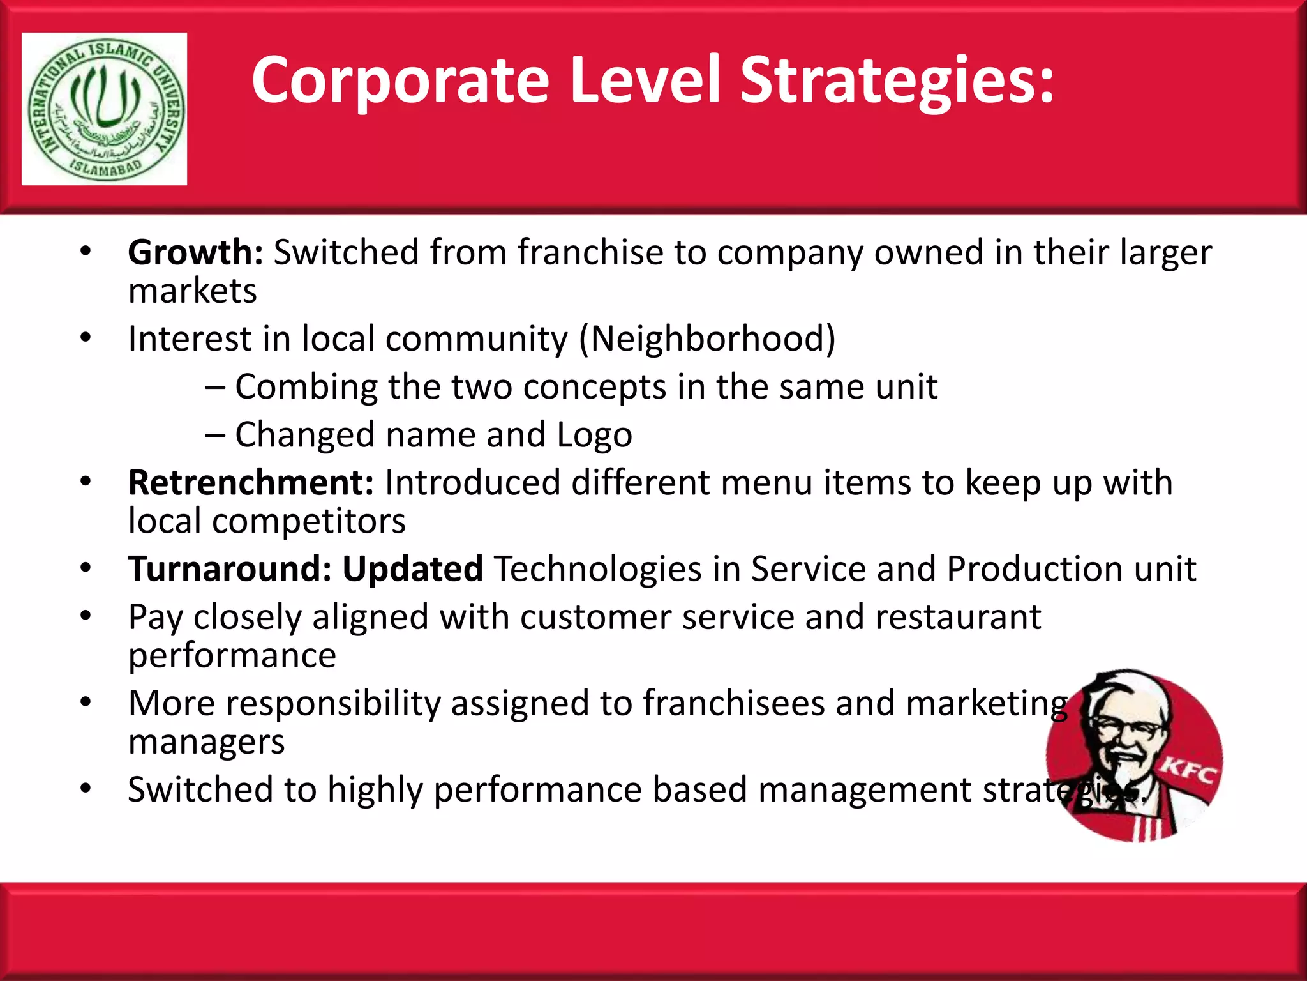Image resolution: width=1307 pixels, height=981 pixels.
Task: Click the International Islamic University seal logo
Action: click(x=104, y=109)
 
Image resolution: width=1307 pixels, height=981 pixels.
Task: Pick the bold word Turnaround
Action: click(x=229, y=568)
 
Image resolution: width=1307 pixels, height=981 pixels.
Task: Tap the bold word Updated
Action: click(x=412, y=568)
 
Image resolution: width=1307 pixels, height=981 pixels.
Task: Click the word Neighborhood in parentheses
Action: click(x=706, y=338)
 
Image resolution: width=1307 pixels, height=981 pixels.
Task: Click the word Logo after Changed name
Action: click(x=594, y=435)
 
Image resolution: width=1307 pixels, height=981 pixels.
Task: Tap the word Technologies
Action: click(x=597, y=568)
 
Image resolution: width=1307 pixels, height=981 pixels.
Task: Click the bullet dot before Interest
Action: click(x=86, y=337)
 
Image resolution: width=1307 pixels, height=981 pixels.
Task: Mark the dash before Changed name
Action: click(x=215, y=435)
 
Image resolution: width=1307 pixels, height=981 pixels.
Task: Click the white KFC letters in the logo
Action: click(x=1188, y=771)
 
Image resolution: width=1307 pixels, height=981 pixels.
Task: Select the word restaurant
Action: click(x=957, y=617)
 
